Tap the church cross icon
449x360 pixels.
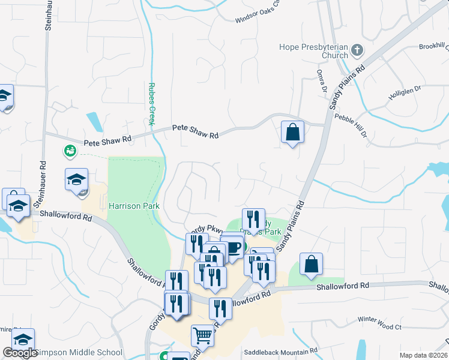357,50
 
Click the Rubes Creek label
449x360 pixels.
152,104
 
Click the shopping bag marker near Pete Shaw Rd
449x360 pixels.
292,132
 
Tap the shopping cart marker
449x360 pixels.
202,335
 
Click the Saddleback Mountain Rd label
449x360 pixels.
280,351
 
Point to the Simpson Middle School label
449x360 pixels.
78,352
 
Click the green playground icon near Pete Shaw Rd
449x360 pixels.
70,151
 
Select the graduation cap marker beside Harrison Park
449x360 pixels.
76,180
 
